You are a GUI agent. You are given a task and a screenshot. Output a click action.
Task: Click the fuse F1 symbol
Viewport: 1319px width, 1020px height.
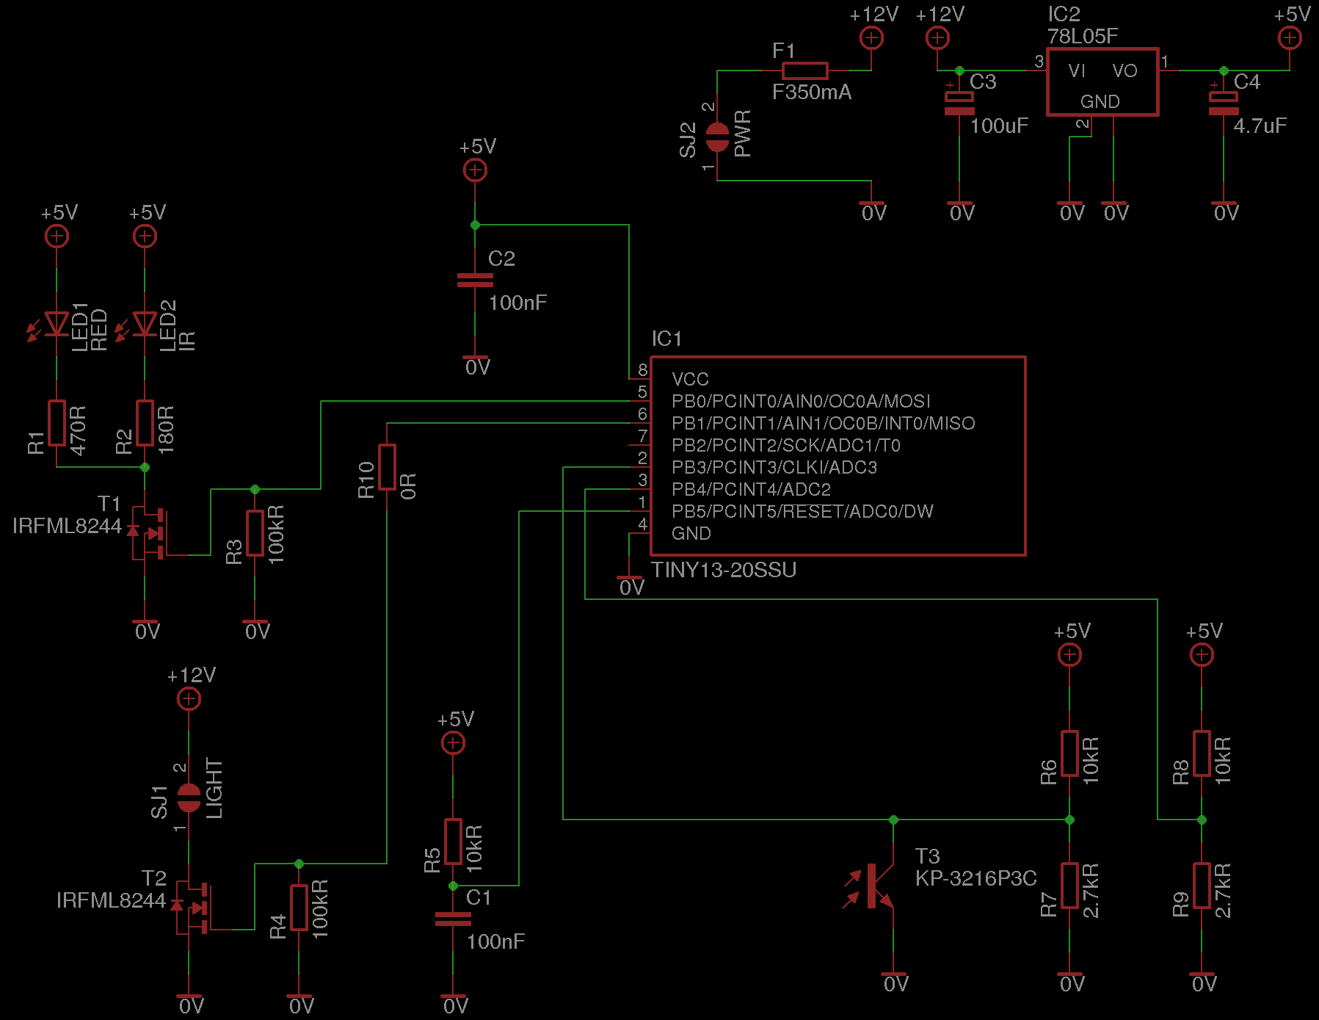click(804, 70)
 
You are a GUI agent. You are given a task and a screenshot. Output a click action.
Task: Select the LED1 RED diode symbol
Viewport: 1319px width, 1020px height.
click(57, 324)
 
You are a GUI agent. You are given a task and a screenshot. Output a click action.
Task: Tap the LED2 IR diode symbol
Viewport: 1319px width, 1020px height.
click(145, 324)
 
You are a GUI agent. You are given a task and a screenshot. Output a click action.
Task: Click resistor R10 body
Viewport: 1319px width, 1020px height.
click(387, 467)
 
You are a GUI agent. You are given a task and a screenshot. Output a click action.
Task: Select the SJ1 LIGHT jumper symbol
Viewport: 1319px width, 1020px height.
click(189, 797)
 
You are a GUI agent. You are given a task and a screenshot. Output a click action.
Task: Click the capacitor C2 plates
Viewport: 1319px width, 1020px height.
click(475, 281)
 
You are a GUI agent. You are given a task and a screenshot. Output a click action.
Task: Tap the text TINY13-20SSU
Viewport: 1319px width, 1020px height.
click(724, 571)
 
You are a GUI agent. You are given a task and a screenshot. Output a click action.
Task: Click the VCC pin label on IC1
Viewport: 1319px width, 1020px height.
click(690, 380)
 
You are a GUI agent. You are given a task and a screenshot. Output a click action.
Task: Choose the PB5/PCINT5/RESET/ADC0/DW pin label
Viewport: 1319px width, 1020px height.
click(802, 512)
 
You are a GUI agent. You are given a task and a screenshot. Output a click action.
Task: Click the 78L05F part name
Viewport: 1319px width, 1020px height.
click(1083, 37)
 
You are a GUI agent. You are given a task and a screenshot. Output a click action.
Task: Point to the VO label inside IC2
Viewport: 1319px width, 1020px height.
click(1124, 71)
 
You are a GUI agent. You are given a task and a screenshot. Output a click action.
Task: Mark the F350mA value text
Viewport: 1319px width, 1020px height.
click(812, 93)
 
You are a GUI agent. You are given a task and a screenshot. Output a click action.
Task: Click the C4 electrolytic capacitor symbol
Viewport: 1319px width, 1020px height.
click(1224, 104)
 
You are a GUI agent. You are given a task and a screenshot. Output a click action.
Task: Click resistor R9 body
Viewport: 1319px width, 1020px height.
click(1202, 886)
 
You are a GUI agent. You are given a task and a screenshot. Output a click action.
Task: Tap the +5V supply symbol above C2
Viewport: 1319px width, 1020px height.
click(475, 170)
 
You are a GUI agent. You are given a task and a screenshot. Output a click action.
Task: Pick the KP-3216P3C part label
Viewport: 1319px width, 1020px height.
click(975, 878)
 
